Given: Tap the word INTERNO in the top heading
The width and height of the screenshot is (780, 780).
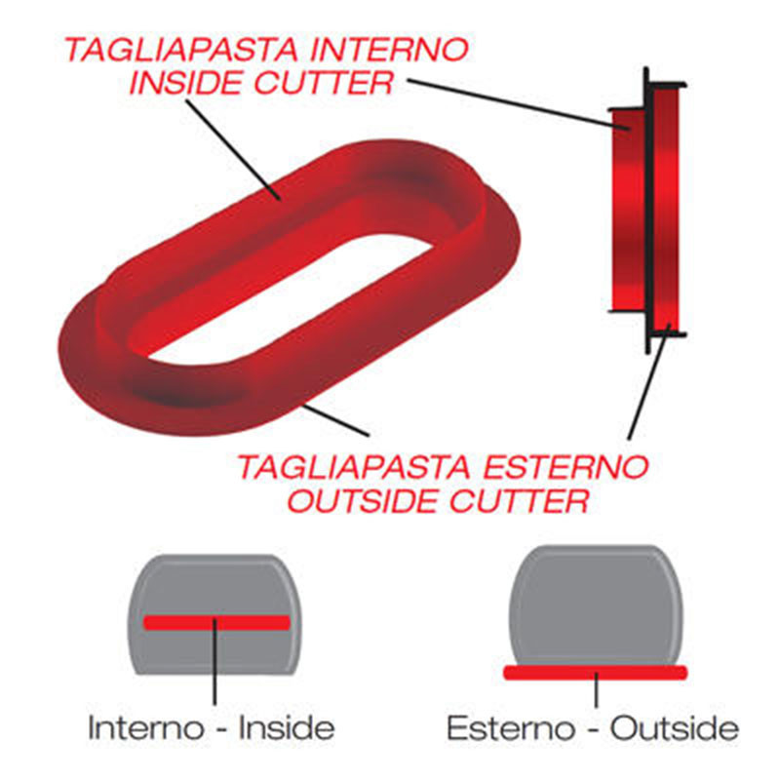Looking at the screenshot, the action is click(x=387, y=50).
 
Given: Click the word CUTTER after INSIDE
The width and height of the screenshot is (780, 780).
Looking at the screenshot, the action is click(x=324, y=83).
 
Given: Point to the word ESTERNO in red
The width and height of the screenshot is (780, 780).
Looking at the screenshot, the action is click(x=565, y=467).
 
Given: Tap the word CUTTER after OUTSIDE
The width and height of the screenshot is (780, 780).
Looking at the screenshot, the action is click(x=519, y=500).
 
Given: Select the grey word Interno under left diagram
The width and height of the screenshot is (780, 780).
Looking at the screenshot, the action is click(x=146, y=727).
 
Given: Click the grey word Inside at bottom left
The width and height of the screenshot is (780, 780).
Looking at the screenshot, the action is click(x=287, y=727).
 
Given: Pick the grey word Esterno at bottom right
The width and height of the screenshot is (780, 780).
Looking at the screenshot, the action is click(x=511, y=728).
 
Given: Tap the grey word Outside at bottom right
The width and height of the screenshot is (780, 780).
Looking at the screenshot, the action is click(x=675, y=728).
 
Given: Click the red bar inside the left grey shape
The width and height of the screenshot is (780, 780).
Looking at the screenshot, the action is click(x=216, y=622).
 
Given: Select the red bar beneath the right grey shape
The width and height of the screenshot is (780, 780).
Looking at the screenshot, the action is click(x=596, y=673).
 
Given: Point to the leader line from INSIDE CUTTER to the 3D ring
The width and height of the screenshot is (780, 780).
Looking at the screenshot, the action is click(x=233, y=150).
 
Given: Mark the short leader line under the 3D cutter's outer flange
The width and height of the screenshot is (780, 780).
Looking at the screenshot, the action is click(x=336, y=420).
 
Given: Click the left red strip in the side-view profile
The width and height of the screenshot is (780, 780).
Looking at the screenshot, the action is click(x=628, y=211).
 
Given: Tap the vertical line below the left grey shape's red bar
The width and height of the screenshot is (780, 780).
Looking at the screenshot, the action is click(x=214, y=662).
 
